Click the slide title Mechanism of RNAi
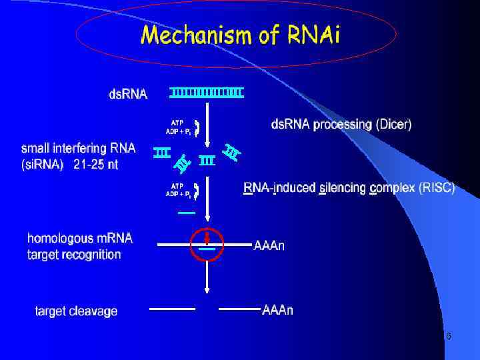[x=239, y=35]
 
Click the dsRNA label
[x=128, y=94]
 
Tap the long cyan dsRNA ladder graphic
[x=206, y=92]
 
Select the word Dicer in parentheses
[x=393, y=124]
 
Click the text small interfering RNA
[x=78, y=148]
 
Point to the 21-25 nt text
[x=95, y=165]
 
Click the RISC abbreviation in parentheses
[x=437, y=189]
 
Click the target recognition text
[x=75, y=254]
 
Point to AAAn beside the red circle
[x=269, y=246]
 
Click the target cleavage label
[x=77, y=311]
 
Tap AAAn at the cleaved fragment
[x=277, y=310]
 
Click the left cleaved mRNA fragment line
[x=172, y=309]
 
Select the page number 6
[x=448, y=337]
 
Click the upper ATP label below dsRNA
[x=177, y=123]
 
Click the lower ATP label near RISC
[x=177, y=185]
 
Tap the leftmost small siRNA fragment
[x=161, y=153]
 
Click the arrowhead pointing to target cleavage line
[x=207, y=289]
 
